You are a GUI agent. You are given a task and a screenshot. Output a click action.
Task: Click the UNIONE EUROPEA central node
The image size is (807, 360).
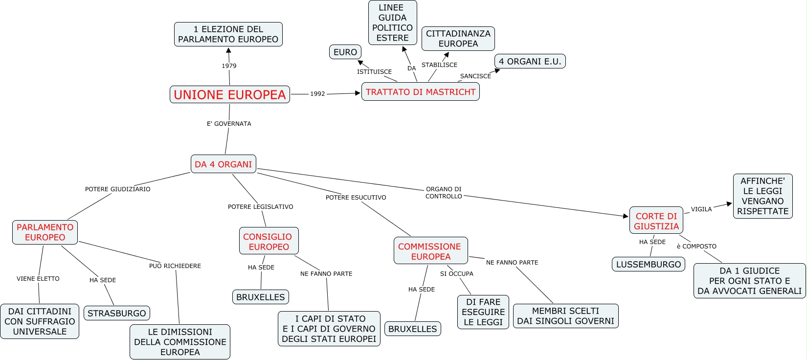click(x=230, y=94)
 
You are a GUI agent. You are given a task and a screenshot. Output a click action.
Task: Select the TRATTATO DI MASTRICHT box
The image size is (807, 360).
click(x=421, y=91)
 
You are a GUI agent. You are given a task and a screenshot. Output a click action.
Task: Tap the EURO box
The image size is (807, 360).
click(x=345, y=52)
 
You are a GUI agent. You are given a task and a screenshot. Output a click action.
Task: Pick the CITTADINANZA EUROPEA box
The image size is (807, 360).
click(x=458, y=39)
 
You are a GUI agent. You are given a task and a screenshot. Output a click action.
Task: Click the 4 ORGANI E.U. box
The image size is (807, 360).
click(x=530, y=61)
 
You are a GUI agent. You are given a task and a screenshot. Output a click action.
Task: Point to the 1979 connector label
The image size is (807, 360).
click(x=229, y=66)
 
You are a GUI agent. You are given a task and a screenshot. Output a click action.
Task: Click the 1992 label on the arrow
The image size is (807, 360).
click(x=317, y=94)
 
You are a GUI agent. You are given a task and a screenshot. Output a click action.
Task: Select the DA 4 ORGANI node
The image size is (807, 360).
click(x=224, y=164)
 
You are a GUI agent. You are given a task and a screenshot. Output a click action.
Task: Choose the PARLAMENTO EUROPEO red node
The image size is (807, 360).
click(x=45, y=232)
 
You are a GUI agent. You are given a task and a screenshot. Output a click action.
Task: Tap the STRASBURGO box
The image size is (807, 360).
click(x=117, y=313)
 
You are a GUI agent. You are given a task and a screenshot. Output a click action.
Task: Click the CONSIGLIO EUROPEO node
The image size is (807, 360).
click(x=269, y=242)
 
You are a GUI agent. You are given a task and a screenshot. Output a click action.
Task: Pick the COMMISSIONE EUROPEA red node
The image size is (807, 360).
click(x=431, y=251)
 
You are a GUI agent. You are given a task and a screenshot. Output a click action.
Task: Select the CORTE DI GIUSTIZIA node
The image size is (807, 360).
click(x=656, y=221)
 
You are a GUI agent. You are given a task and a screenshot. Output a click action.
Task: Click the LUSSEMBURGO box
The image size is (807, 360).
click(x=649, y=264)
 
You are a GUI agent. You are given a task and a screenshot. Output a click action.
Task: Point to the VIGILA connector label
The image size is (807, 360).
click(x=701, y=209)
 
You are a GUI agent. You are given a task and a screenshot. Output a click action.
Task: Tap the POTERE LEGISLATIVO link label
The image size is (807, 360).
click(x=261, y=206)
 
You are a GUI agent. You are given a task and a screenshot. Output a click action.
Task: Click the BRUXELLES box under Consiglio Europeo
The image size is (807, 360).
click(x=261, y=297)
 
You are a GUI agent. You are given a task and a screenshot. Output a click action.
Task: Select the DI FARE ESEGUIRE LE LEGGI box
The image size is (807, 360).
click(x=483, y=312)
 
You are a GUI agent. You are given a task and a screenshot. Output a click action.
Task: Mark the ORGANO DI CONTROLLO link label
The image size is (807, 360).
click(x=444, y=192)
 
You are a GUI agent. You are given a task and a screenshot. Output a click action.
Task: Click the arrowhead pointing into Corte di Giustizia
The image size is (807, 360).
click(x=626, y=216)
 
